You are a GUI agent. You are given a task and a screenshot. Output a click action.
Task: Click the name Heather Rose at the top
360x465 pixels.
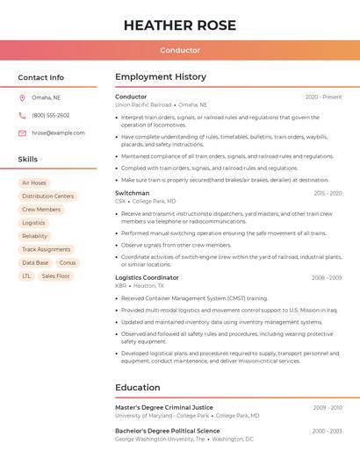(x=180, y=25)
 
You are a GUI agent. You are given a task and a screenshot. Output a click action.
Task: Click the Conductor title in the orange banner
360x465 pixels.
(x=180, y=50)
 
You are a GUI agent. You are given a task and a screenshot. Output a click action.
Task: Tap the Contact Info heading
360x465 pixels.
(x=40, y=77)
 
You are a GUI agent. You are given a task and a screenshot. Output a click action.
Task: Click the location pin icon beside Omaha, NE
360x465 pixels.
(x=23, y=97)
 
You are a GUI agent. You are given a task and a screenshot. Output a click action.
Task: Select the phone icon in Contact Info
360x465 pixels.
(x=23, y=115)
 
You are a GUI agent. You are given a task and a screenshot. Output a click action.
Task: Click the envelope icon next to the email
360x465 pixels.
(x=23, y=132)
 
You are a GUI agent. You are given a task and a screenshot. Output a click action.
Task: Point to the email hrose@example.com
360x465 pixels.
(x=58, y=132)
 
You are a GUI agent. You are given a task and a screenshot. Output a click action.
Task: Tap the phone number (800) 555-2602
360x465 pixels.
(x=51, y=115)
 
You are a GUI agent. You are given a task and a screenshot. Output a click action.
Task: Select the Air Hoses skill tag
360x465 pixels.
(x=34, y=182)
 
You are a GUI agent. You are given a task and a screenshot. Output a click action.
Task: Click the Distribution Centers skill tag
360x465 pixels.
(x=48, y=196)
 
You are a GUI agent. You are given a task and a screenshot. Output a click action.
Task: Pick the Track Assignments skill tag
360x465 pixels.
(x=47, y=249)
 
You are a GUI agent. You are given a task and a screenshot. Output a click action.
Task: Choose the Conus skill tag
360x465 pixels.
(x=68, y=262)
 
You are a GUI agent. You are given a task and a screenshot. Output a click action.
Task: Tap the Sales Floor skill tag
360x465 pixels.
(x=56, y=275)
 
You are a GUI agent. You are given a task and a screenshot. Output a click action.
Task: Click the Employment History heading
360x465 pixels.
(x=161, y=77)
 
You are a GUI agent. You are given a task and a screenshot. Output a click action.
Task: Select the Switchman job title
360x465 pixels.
(x=133, y=192)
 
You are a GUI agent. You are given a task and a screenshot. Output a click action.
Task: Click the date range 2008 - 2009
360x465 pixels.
(x=327, y=277)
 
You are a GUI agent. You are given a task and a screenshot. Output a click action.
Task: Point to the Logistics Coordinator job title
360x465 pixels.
(x=147, y=277)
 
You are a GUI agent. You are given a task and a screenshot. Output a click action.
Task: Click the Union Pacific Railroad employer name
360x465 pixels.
(x=143, y=104)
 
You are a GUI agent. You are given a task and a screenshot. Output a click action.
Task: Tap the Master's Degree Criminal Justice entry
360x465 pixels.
(x=164, y=407)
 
